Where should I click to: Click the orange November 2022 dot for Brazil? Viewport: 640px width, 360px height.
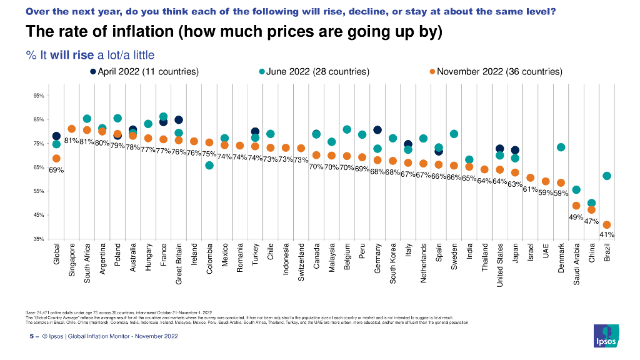pyautogui.click(x=607, y=225)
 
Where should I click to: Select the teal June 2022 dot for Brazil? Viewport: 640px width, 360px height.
pyautogui.click(x=607, y=176)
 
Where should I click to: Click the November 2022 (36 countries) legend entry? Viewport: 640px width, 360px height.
pyautogui.click(x=495, y=72)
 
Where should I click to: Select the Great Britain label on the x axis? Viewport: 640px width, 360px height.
pyautogui.click(x=179, y=264)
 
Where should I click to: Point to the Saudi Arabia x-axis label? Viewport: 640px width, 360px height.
pyautogui.click(x=576, y=265)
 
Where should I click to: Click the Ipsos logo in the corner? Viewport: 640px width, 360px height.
pyautogui.click(x=606, y=336)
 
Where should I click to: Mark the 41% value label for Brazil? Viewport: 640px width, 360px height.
pyautogui.click(x=606, y=235)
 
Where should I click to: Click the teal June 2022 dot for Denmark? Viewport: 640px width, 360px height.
pyautogui.click(x=561, y=147)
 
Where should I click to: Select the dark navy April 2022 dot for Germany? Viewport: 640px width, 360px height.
pyautogui.click(x=377, y=130)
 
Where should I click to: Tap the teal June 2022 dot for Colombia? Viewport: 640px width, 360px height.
pyautogui.click(x=209, y=165)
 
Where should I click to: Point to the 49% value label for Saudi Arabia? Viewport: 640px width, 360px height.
pyautogui.click(x=576, y=217)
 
